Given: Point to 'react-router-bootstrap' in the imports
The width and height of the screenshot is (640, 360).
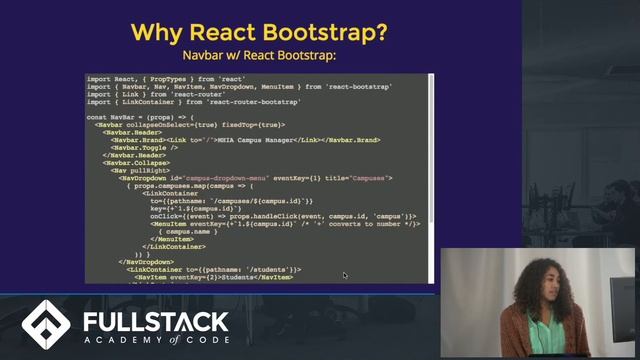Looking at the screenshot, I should [x=248, y=102].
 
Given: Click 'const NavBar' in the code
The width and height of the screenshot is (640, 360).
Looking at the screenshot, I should [x=110, y=117].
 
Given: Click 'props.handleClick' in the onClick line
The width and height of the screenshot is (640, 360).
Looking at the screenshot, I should [x=276, y=216].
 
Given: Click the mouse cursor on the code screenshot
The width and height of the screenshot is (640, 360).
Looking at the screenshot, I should [x=344, y=274].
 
